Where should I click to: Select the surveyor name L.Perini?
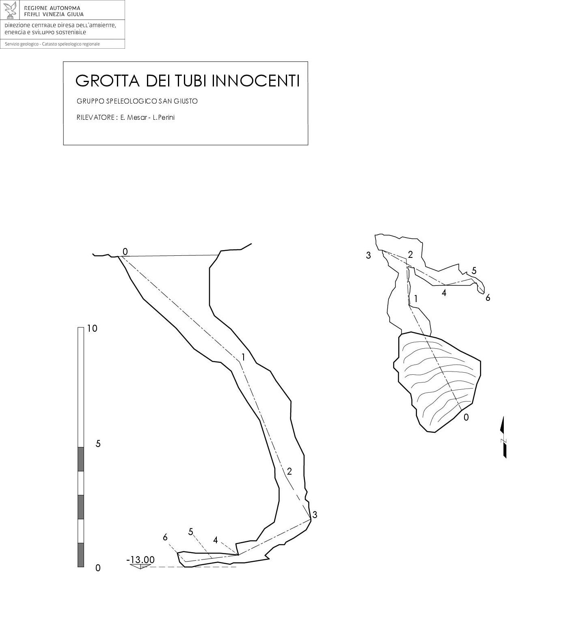[164, 118]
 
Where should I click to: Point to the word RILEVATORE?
[95, 118]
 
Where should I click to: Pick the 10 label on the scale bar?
[92, 328]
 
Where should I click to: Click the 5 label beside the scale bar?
[98, 444]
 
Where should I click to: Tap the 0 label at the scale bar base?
[98, 568]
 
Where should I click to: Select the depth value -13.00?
[140, 560]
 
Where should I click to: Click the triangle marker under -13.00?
[140, 566]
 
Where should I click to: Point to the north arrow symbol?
[504, 437]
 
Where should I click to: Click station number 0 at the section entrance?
[125, 252]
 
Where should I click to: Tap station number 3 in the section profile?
[315, 515]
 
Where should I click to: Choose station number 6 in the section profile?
[165, 537]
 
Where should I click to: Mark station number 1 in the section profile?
[243, 357]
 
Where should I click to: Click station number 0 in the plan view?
[466, 417]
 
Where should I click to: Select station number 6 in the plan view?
[488, 298]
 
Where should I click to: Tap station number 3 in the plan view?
[368, 255]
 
